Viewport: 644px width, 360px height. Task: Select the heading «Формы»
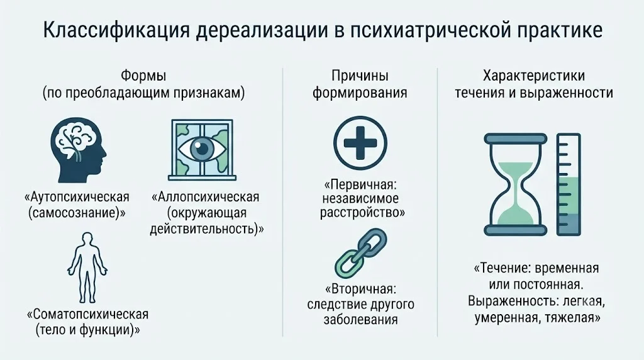point(143,76)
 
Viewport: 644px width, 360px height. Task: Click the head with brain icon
point(79,150)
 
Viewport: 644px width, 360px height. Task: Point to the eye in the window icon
point(202,150)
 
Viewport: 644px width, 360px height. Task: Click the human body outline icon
point(87,267)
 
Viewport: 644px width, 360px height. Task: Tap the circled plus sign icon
point(360,143)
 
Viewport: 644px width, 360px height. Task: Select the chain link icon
point(361,253)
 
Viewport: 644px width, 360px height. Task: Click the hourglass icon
point(516,184)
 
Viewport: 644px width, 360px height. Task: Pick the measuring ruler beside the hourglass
point(569,184)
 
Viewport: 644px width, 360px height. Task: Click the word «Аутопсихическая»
point(77,197)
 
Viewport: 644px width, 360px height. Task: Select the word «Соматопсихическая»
point(87,315)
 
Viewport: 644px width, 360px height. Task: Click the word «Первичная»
point(361,183)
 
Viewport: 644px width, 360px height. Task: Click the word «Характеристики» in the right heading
point(534,76)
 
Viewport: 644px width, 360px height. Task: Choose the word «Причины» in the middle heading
point(360,76)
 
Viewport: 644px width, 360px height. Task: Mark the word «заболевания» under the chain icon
point(360,320)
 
